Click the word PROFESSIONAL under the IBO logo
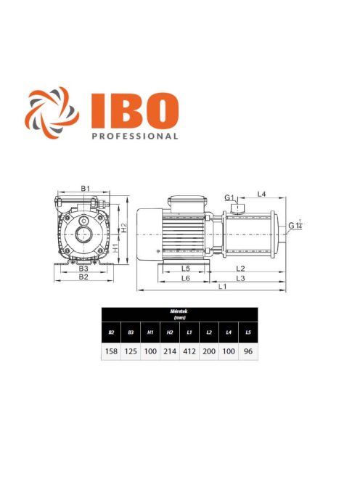(x=135, y=135)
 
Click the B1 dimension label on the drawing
(x=85, y=189)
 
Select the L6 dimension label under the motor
(x=185, y=278)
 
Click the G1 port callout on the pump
(x=229, y=197)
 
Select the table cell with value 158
(x=111, y=350)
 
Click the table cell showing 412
(x=189, y=350)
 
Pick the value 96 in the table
(x=248, y=350)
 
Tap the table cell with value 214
(x=170, y=350)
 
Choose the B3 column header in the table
(x=131, y=332)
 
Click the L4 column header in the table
(x=229, y=332)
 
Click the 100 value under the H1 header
(x=150, y=350)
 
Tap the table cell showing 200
(x=209, y=350)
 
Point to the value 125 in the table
(x=131, y=350)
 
